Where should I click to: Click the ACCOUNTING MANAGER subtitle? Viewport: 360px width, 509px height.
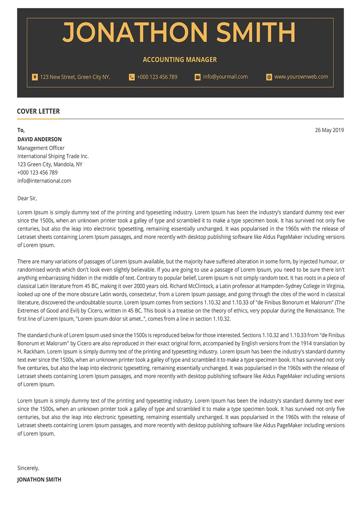coord(180,60)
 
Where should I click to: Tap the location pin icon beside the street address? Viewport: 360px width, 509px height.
coord(35,77)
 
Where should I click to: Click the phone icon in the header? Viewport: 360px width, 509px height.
coord(132,77)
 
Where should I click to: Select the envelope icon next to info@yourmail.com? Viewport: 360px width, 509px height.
coord(198,77)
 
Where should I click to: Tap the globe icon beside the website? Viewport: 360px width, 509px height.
coord(269,77)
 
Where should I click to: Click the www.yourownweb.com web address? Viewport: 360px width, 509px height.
coord(301,77)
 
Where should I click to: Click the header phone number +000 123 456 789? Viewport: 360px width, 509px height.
coord(157,77)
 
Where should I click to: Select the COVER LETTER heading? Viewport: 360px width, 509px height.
coord(39,111)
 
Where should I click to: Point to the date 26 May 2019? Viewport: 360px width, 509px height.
coord(329,130)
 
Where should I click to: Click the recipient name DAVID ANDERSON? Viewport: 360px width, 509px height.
coord(40,139)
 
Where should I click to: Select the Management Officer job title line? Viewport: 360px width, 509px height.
coord(41,148)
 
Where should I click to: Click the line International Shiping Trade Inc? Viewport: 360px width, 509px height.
coord(53,156)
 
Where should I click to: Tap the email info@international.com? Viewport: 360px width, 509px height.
coord(44,181)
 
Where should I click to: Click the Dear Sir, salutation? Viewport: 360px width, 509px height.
coord(27,198)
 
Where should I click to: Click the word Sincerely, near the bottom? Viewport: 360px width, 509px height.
coord(28,468)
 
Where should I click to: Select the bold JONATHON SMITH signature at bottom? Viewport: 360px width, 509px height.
coord(39,479)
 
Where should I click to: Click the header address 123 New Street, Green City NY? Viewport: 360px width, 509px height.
coord(75,77)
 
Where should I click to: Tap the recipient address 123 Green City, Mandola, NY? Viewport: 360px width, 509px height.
coord(50,165)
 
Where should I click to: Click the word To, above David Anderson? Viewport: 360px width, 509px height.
coord(21,130)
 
